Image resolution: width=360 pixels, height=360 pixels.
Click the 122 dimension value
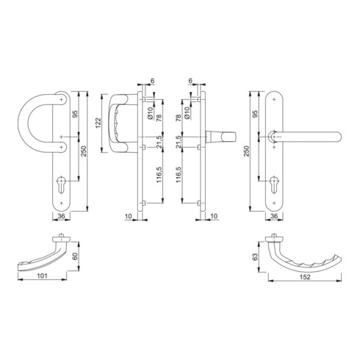(x=98, y=123)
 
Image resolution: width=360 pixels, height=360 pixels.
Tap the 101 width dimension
(x=42, y=276)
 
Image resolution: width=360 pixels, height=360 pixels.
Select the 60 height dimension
(x=76, y=256)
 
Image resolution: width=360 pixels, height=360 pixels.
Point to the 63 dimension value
(x=255, y=257)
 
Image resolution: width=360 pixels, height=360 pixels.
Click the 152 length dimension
(x=305, y=277)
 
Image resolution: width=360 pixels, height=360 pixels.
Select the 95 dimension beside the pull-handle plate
(x=75, y=114)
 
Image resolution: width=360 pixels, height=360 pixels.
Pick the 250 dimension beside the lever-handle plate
(x=246, y=151)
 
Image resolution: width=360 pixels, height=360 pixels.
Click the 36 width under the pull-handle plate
(x=61, y=216)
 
